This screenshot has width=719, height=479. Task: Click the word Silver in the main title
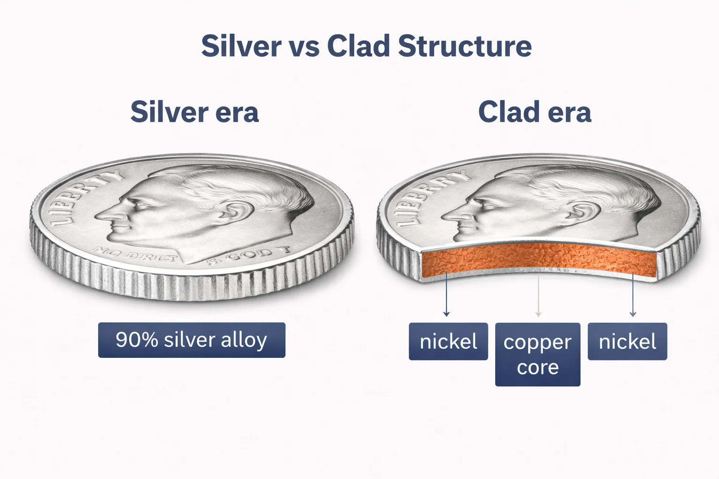241,46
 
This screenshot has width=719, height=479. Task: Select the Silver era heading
194,112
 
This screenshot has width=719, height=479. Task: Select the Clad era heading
535,112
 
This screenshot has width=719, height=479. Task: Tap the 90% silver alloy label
191,340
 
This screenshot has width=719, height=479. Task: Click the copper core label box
537,355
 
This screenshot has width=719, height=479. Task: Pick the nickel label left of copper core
448,341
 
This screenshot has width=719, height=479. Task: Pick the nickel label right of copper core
627,341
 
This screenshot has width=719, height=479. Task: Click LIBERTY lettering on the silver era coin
84,196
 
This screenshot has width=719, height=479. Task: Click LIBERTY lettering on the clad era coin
428,196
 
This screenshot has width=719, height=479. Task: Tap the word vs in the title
304,46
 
